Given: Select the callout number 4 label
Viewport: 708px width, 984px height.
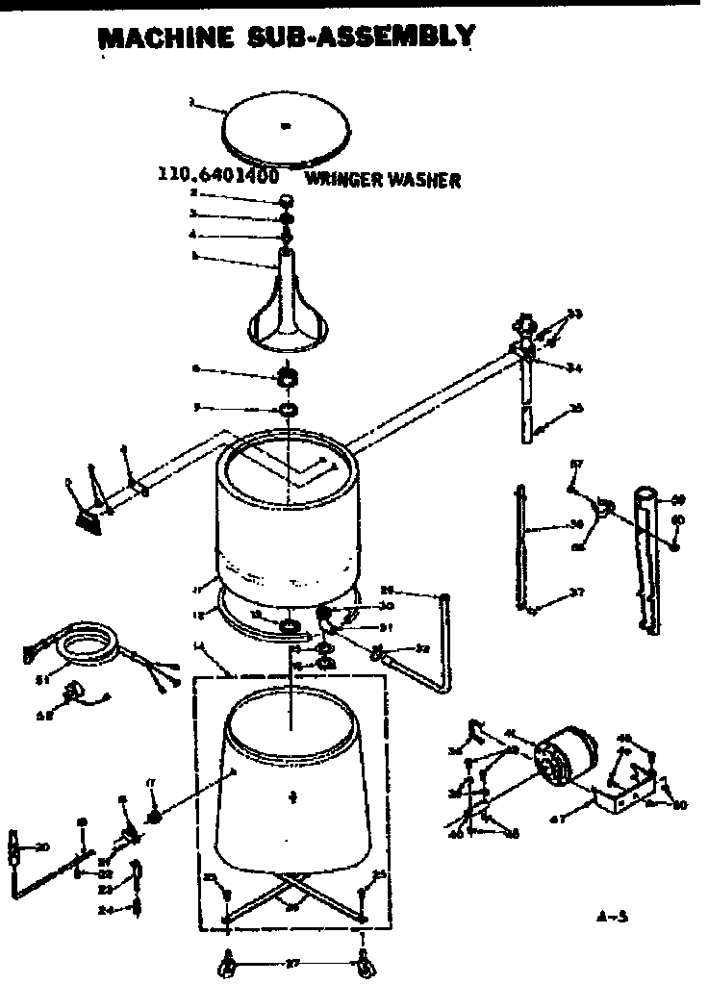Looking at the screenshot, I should (x=192, y=235).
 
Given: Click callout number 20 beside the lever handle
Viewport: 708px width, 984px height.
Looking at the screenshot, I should (x=41, y=847).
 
